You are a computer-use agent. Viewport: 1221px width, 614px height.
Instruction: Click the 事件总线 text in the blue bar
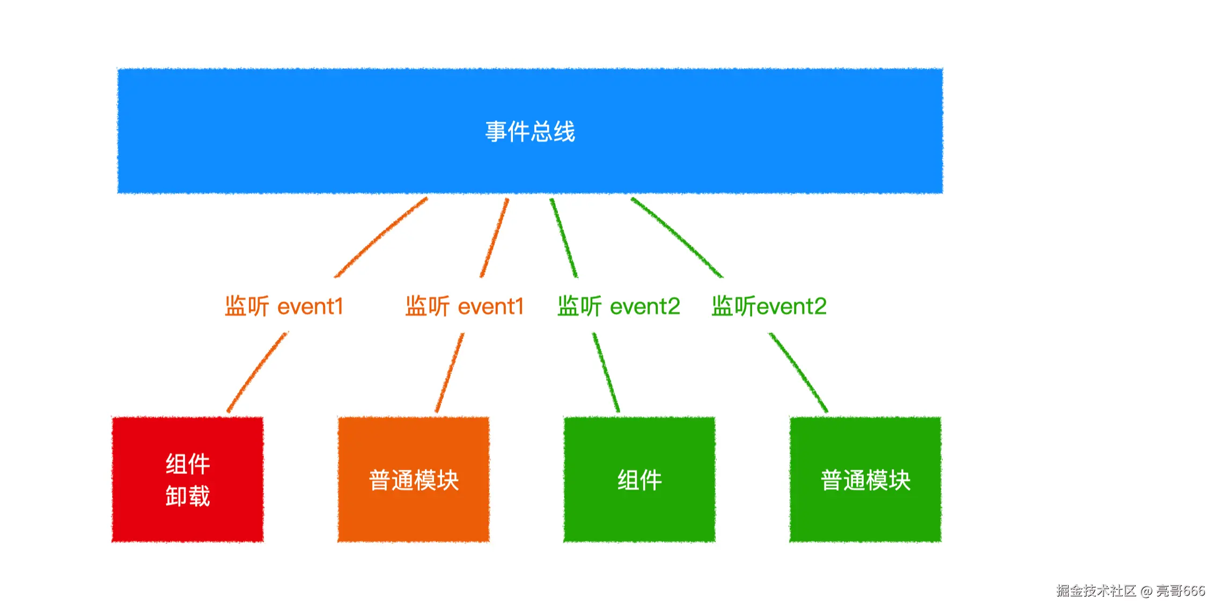[530, 131]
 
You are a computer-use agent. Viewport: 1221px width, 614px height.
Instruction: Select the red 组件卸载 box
[188, 479]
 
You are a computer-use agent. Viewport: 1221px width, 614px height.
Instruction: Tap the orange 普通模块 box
[414, 479]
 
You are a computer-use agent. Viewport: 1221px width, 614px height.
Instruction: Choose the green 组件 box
[639, 479]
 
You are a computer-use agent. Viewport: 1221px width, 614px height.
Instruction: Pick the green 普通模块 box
[865, 479]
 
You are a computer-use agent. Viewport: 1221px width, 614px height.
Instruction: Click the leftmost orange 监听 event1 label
[284, 306]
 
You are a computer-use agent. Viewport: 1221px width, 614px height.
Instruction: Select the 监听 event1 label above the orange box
[465, 306]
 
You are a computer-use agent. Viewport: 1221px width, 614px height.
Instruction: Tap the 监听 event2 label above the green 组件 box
[619, 306]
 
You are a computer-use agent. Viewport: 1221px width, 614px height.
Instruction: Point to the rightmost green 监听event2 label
[769, 306]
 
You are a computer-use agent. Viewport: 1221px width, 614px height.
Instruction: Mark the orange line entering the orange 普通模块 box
[450, 372]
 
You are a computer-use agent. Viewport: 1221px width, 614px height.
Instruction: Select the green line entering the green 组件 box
[606, 372]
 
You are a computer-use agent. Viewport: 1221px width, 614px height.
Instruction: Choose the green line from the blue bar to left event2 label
[564, 238]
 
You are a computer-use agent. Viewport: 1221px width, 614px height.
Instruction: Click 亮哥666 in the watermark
[1180, 591]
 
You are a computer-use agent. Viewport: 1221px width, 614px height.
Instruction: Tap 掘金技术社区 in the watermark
[1097, 591]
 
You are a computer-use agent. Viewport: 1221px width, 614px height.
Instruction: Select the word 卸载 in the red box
[188, 496]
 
